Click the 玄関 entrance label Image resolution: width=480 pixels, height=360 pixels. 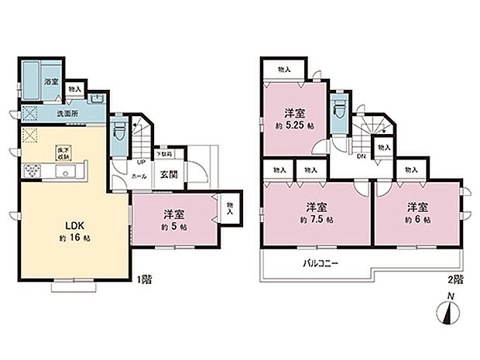coord(170,173)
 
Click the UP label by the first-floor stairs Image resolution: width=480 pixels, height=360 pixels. coord(142,163)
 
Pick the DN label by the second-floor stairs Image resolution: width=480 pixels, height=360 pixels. coord(362,154)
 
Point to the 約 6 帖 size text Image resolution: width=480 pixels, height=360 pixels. coord(417,218)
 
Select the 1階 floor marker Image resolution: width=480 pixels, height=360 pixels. coord(145,279)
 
